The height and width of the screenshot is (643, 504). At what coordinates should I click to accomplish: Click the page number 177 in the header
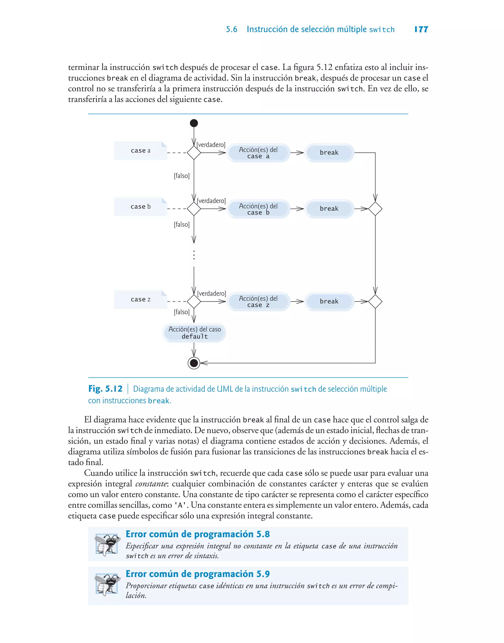click(x=421, y=29)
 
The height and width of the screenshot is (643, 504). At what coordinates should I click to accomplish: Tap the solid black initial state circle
click(x=194, y=123)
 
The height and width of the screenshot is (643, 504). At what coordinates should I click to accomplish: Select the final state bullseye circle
click(x=194, y=363)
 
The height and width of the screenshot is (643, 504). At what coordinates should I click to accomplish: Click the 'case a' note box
click(x=141, y=151)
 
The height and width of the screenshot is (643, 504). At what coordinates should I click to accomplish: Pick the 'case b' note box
click(x=141, y=207)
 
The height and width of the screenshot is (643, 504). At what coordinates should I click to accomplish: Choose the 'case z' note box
click(x=141, y=300)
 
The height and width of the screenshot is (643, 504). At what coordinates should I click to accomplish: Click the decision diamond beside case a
click(x=194, y=153)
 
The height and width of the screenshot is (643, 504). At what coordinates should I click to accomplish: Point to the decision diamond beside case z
click(x=194, y=302)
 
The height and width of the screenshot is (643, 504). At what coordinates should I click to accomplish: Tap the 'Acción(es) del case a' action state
click(x=258, y=153)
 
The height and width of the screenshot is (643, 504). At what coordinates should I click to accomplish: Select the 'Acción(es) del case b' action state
click(x=258, y=209)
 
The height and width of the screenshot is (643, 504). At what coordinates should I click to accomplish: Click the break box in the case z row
click(x=329, y=301)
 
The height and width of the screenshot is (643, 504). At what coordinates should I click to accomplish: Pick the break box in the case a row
click(x=329, y=153)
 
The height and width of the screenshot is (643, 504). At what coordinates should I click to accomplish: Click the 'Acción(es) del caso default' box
click(x=194, y=333)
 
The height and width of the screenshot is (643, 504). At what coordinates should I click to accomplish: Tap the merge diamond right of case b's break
click(x=375, y=209)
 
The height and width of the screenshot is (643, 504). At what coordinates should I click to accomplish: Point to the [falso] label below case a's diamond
click(x=181, y=176)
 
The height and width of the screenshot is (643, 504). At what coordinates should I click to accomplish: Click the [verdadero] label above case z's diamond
click(x=211, y=294)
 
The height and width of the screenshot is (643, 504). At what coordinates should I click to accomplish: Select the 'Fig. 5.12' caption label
click(x=105, y=389)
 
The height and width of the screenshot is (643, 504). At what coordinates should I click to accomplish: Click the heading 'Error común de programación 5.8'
click(x=197, y=534)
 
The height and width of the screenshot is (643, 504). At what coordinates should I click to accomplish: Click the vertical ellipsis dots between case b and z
click(x=194, y=255)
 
